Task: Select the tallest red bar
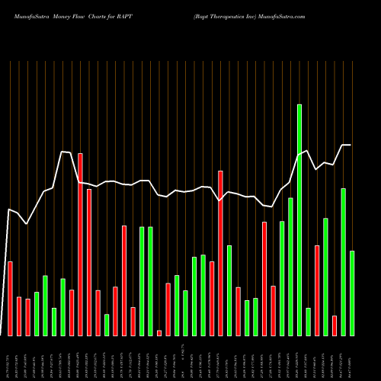coord(80,244)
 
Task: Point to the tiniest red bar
coord(159,332)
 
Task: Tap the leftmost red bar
coord(10,298)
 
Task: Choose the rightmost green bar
coord(351,293)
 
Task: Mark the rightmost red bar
coord(335,325)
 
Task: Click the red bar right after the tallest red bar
coord(89,262)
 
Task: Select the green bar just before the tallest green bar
coord(290,266)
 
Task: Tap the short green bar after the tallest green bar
coord(308,322)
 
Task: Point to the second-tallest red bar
coord(220,253)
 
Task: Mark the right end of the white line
coord(351,145)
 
